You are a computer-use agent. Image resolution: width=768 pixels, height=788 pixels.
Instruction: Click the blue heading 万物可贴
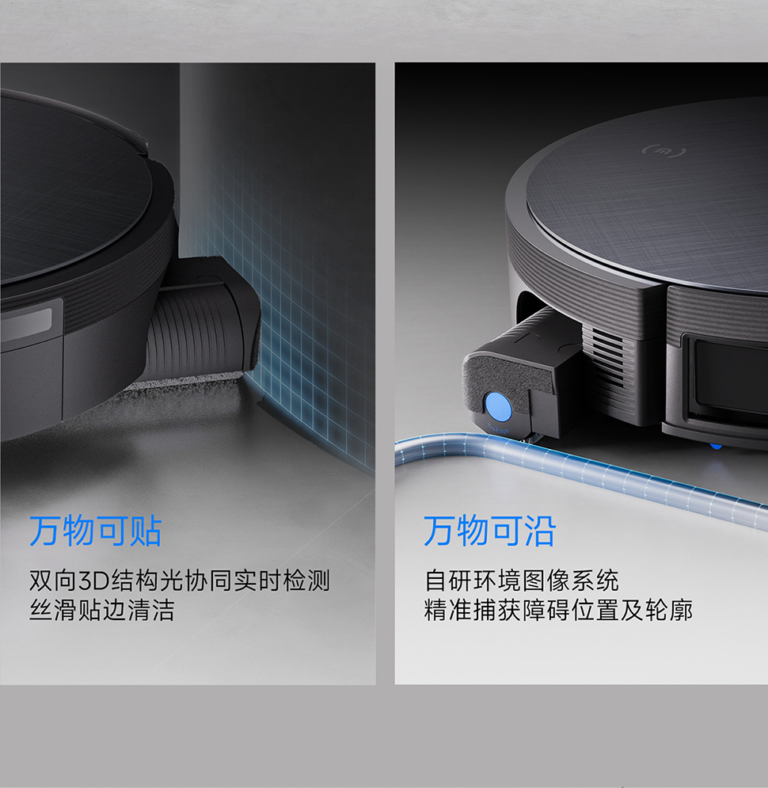96,531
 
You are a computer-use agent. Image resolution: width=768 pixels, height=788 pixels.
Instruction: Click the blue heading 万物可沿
490,531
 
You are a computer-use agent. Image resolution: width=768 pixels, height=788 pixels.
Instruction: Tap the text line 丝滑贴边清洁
102,611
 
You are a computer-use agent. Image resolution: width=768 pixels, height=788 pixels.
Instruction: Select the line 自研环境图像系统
522,581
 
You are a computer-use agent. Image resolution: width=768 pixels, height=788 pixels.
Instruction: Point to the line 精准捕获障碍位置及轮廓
558,611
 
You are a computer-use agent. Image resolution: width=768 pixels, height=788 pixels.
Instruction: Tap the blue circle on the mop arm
498,406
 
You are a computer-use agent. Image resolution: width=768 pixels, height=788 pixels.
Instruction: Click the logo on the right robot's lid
664,150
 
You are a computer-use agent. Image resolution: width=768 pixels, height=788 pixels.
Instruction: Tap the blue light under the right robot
716,445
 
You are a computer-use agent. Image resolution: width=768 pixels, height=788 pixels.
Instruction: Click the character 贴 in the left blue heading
146,531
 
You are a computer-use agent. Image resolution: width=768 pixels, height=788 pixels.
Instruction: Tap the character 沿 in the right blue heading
540,531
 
